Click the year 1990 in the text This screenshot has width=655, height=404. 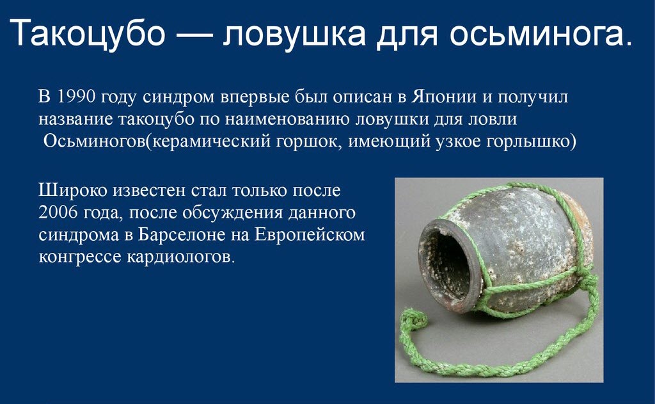tap(75, 97)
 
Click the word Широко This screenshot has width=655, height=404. tap(72, 190)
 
